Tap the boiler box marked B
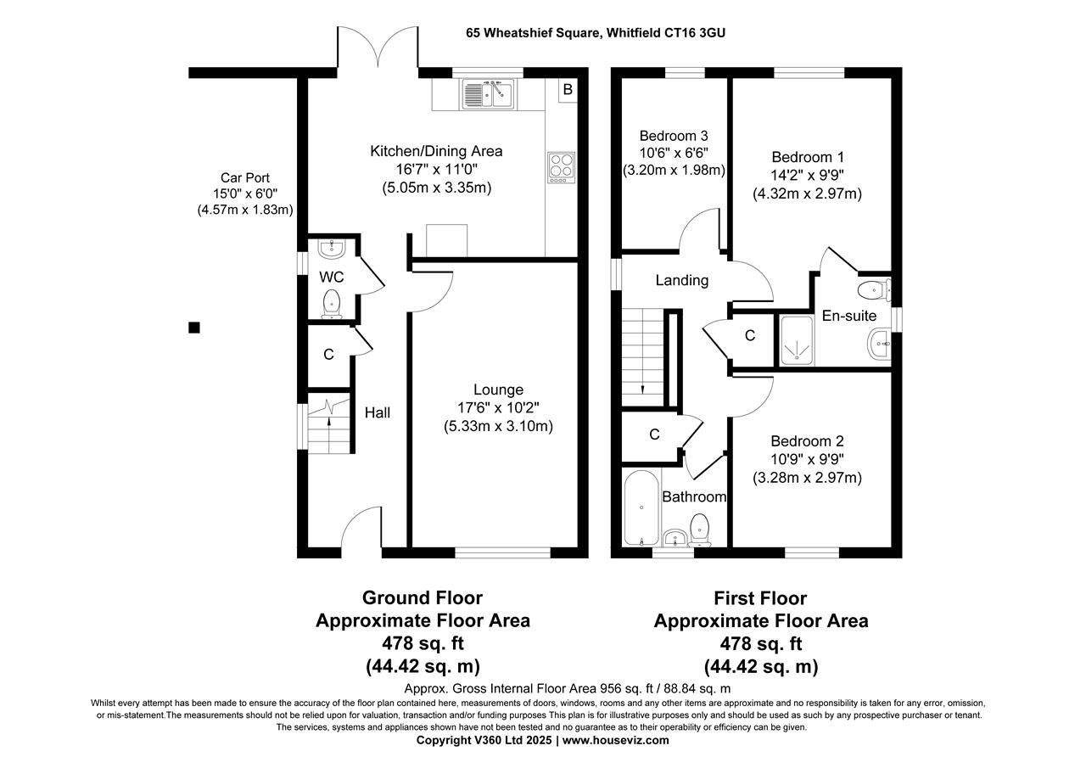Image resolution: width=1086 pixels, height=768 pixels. (568, 90)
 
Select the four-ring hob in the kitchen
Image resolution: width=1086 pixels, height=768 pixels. (561, 166)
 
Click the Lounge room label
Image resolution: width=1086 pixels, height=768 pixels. (498, 390)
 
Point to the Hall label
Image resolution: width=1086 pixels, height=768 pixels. (378, 412)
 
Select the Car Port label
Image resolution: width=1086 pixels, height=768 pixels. (244, 177)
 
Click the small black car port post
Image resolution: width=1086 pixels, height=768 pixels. (194, 328)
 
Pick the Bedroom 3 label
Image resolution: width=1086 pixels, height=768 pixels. (674, 136)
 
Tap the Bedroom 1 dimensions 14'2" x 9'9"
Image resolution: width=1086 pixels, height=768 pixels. (807, 176)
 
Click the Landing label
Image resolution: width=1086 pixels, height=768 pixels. (682, 280)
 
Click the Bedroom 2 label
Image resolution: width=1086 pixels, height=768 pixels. (807, 441)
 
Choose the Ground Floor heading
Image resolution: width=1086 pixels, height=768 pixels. (423, 598)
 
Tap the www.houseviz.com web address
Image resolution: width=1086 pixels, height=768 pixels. (615, 740)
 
